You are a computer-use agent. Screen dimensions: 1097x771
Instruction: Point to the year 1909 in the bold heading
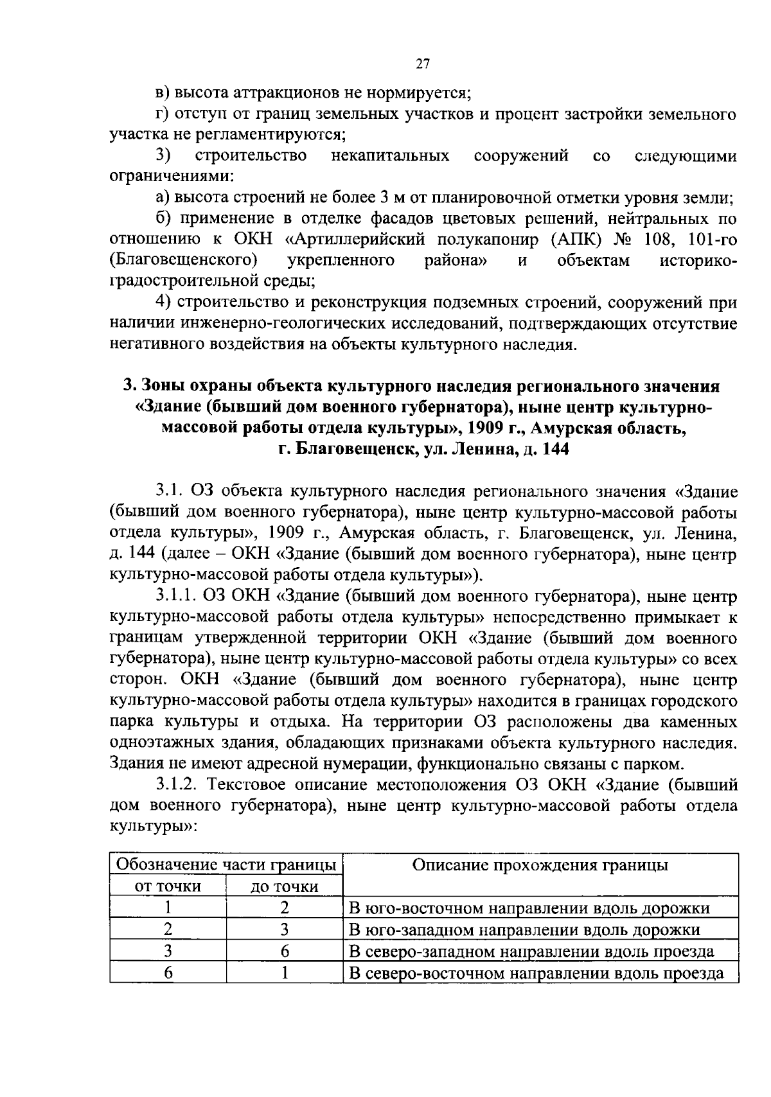[488, 428]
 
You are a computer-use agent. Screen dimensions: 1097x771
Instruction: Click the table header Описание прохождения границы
[540, 865]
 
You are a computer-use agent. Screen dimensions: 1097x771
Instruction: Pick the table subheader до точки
[284, 887]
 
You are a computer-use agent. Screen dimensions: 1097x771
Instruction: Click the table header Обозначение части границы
[226, 865]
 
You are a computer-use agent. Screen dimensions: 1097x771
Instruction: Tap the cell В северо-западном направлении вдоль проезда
[531, 951]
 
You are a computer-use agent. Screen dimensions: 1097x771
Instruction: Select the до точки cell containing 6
[284, 951]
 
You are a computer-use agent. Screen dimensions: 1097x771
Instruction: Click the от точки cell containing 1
[168, 908]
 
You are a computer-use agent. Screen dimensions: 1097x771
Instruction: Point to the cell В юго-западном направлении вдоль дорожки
[524, 930]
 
